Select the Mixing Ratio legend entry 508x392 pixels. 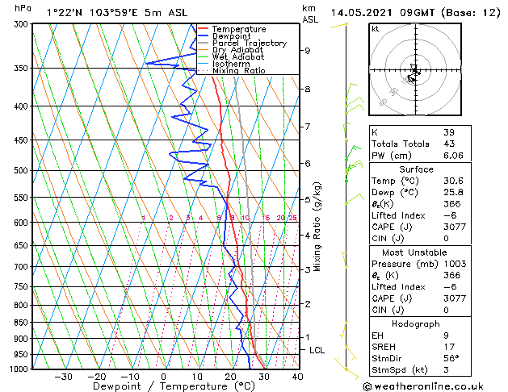pyautogui.click(x=238, y=71)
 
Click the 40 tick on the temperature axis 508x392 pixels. pyautogui.click(x=297, y=377)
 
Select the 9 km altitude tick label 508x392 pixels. pyautogui.click(x=308, y=51)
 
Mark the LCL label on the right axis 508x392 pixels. pyautogui.click(x=317, y=350)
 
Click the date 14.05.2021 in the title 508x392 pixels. pyautogui.click(x=360, y=12)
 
